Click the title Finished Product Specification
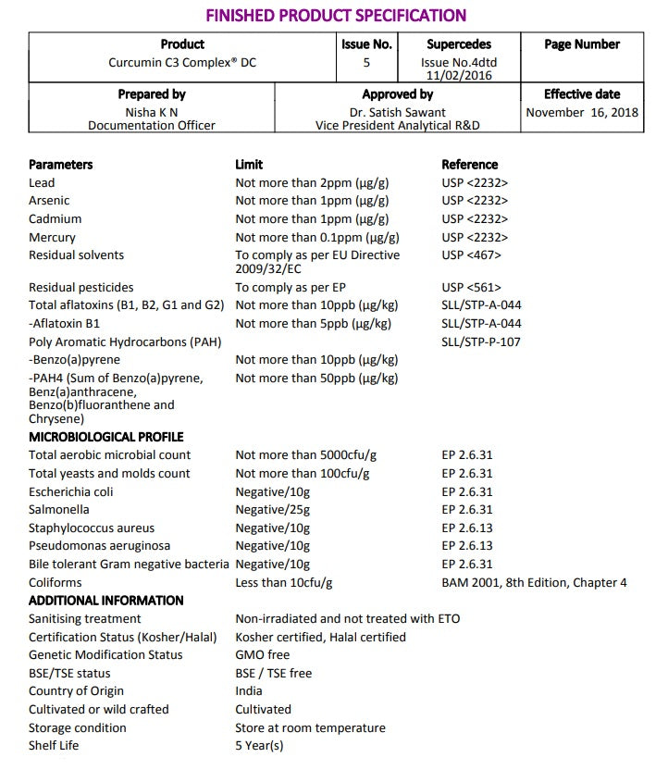(335, 15)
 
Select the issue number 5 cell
(366, 63)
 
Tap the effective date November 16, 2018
(582, 112)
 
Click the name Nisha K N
(152, 112)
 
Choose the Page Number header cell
(582, 44)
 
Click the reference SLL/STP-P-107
(481, 342)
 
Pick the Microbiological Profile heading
(106, 437)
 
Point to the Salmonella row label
(59, 510)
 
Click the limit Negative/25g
(273, 510)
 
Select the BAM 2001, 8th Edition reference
(534, 582)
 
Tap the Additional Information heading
(106, 601)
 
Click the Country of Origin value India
(249, 691)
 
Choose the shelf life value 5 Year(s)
(259, 746)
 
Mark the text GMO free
(263, 655)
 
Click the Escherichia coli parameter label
(71, 491)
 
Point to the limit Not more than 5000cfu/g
(306, 455)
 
